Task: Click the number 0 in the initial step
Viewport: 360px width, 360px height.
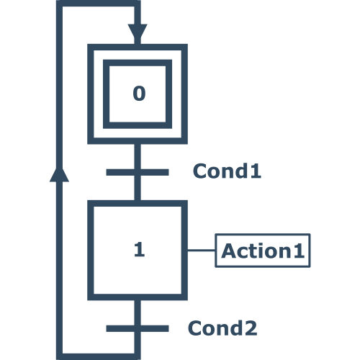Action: [x=139, y=94]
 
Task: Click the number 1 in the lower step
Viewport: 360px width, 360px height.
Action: [x=140, y=249]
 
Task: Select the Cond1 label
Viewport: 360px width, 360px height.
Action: [x=227, y=171]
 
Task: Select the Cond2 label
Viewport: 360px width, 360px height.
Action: [x=222, y=328]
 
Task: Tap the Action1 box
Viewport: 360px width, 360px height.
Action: [x=263, y=251]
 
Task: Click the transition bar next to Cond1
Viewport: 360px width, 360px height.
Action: [x=138, y=172]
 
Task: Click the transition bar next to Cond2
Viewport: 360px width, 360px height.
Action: [x=138, y=328]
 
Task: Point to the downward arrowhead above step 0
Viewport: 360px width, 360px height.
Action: [x=138, y=31]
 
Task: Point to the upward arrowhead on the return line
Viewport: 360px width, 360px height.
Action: [x=59, y=174]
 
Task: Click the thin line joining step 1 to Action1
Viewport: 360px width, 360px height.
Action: [x=202, y=251]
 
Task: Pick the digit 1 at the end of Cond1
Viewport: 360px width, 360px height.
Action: [x=256, y=171]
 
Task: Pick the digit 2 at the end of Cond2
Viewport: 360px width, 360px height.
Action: [x=251, y=328]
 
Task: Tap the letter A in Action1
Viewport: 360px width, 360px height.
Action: [x=228, y=251]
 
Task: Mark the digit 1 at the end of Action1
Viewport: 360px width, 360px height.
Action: [x=300, y=251]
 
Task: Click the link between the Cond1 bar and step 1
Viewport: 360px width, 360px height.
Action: [x=138, y=188]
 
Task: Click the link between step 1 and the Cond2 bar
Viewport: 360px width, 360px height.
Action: [x=138, y=312]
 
